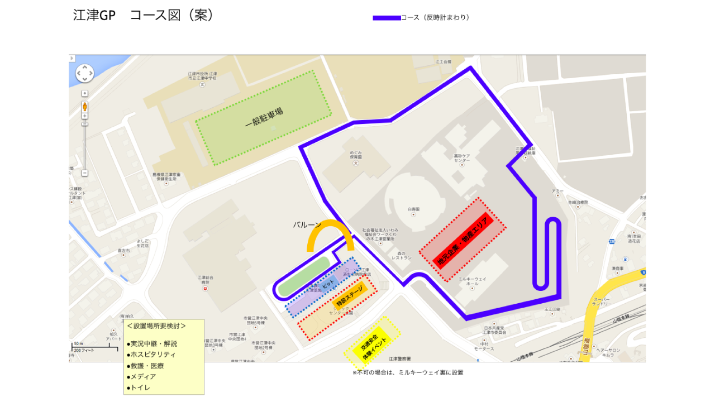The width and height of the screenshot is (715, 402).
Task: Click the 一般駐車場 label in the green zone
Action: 264,117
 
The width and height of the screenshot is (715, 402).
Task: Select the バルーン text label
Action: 307,225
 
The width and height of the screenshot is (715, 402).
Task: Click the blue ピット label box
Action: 328,283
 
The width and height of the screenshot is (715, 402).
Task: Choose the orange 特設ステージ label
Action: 350,296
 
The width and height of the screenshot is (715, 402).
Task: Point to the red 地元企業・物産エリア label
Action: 463,240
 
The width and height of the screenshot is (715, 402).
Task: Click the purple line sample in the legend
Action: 387,18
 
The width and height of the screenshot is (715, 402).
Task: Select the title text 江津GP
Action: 94,15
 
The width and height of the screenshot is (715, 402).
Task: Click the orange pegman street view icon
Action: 85,107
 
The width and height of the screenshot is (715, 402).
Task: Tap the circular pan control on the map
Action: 85,73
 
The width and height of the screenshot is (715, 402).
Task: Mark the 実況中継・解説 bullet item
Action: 152,344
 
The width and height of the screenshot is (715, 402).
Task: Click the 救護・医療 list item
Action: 145,366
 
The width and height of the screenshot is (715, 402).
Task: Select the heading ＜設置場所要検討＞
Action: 156,326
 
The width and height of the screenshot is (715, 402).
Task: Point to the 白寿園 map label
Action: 413,209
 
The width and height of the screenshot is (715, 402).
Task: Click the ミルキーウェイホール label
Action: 473,281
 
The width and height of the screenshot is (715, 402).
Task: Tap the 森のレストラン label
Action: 401,256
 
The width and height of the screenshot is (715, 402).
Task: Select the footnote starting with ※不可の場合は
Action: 408,372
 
